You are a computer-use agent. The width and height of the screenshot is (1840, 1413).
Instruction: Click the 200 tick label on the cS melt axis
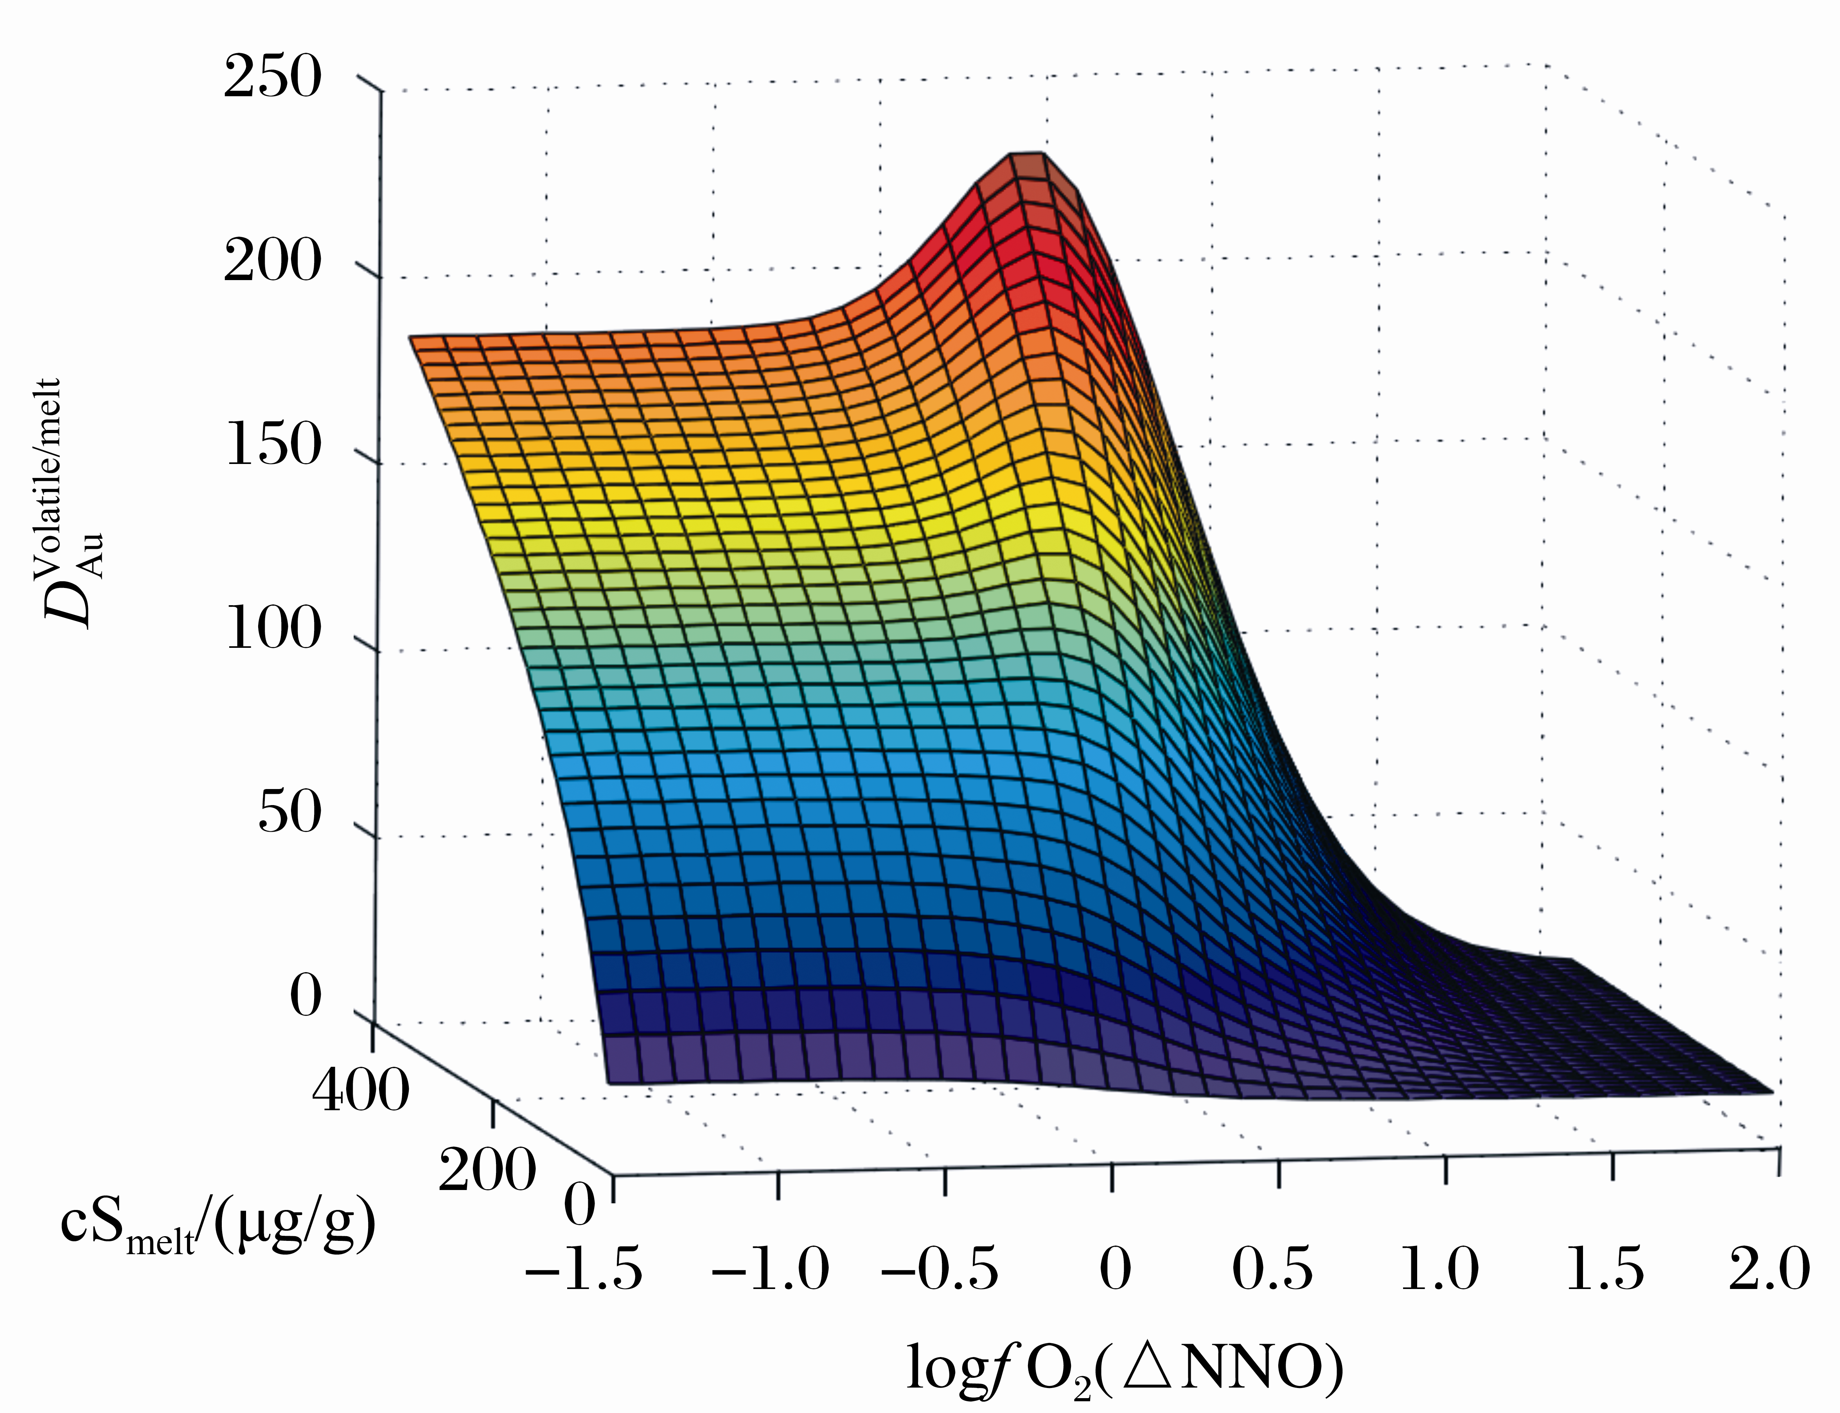click(486, 1169)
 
